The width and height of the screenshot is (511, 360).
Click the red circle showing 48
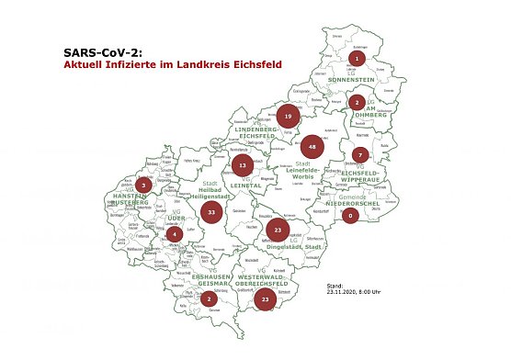coord(313,146)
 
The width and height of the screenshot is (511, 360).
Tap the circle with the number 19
coord(288,117)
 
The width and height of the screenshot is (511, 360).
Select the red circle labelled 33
coord(211,211)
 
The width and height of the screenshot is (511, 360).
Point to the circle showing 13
coord(242,165)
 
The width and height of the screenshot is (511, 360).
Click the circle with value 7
coord(361,154)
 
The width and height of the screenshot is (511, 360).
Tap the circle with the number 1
coord(357,59)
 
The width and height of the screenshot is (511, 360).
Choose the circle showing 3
coord(143,185)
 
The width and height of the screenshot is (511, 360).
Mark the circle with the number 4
coord(175,232)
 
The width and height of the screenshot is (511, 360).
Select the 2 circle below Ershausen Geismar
coord(210,298)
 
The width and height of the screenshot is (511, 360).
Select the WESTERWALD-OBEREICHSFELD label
coord(264,279)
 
